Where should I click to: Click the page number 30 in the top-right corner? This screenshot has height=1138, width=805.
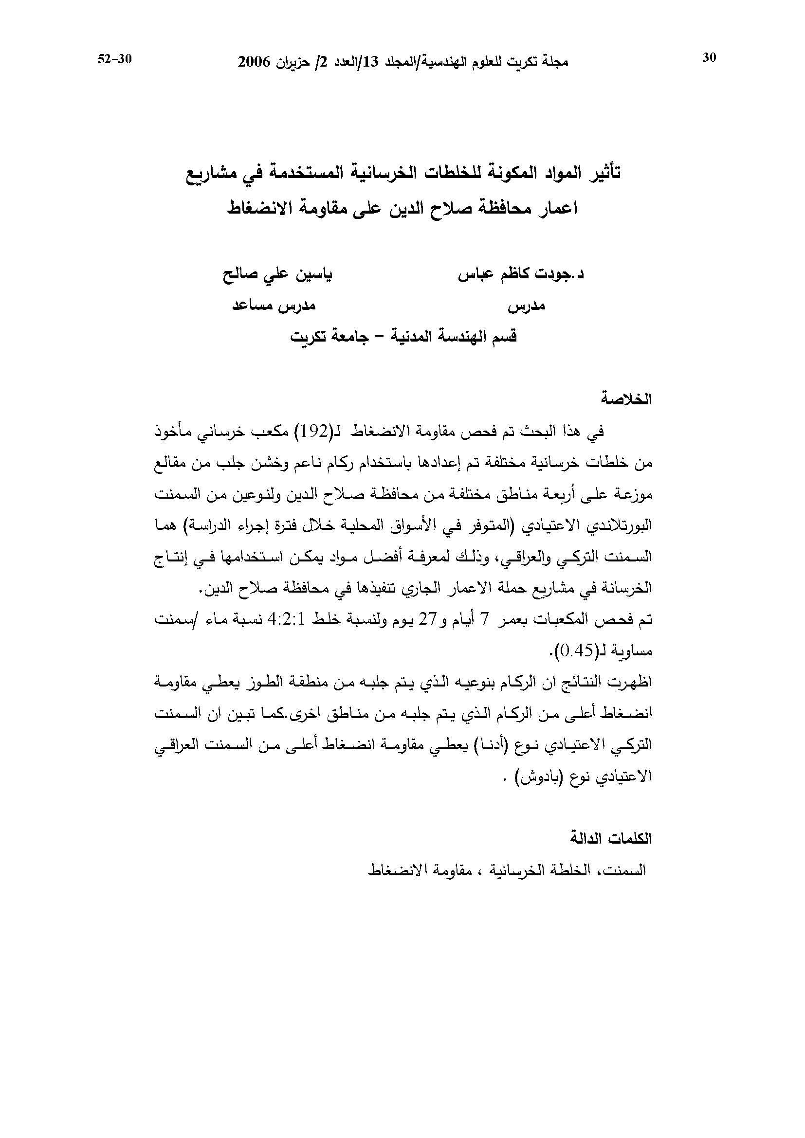pos(709,58)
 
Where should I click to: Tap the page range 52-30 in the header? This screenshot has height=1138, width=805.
pos(114,58)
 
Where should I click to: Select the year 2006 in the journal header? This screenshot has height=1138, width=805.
pos(254,62)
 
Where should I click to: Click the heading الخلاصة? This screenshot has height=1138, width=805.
pos(625,399)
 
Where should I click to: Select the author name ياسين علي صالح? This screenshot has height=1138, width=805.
pos(278,275)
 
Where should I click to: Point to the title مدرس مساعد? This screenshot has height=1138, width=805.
pos(274,306)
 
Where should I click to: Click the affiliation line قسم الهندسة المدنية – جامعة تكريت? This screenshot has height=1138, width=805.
pos(403,337)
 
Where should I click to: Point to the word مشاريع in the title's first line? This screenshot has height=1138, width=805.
pos(208,173)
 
